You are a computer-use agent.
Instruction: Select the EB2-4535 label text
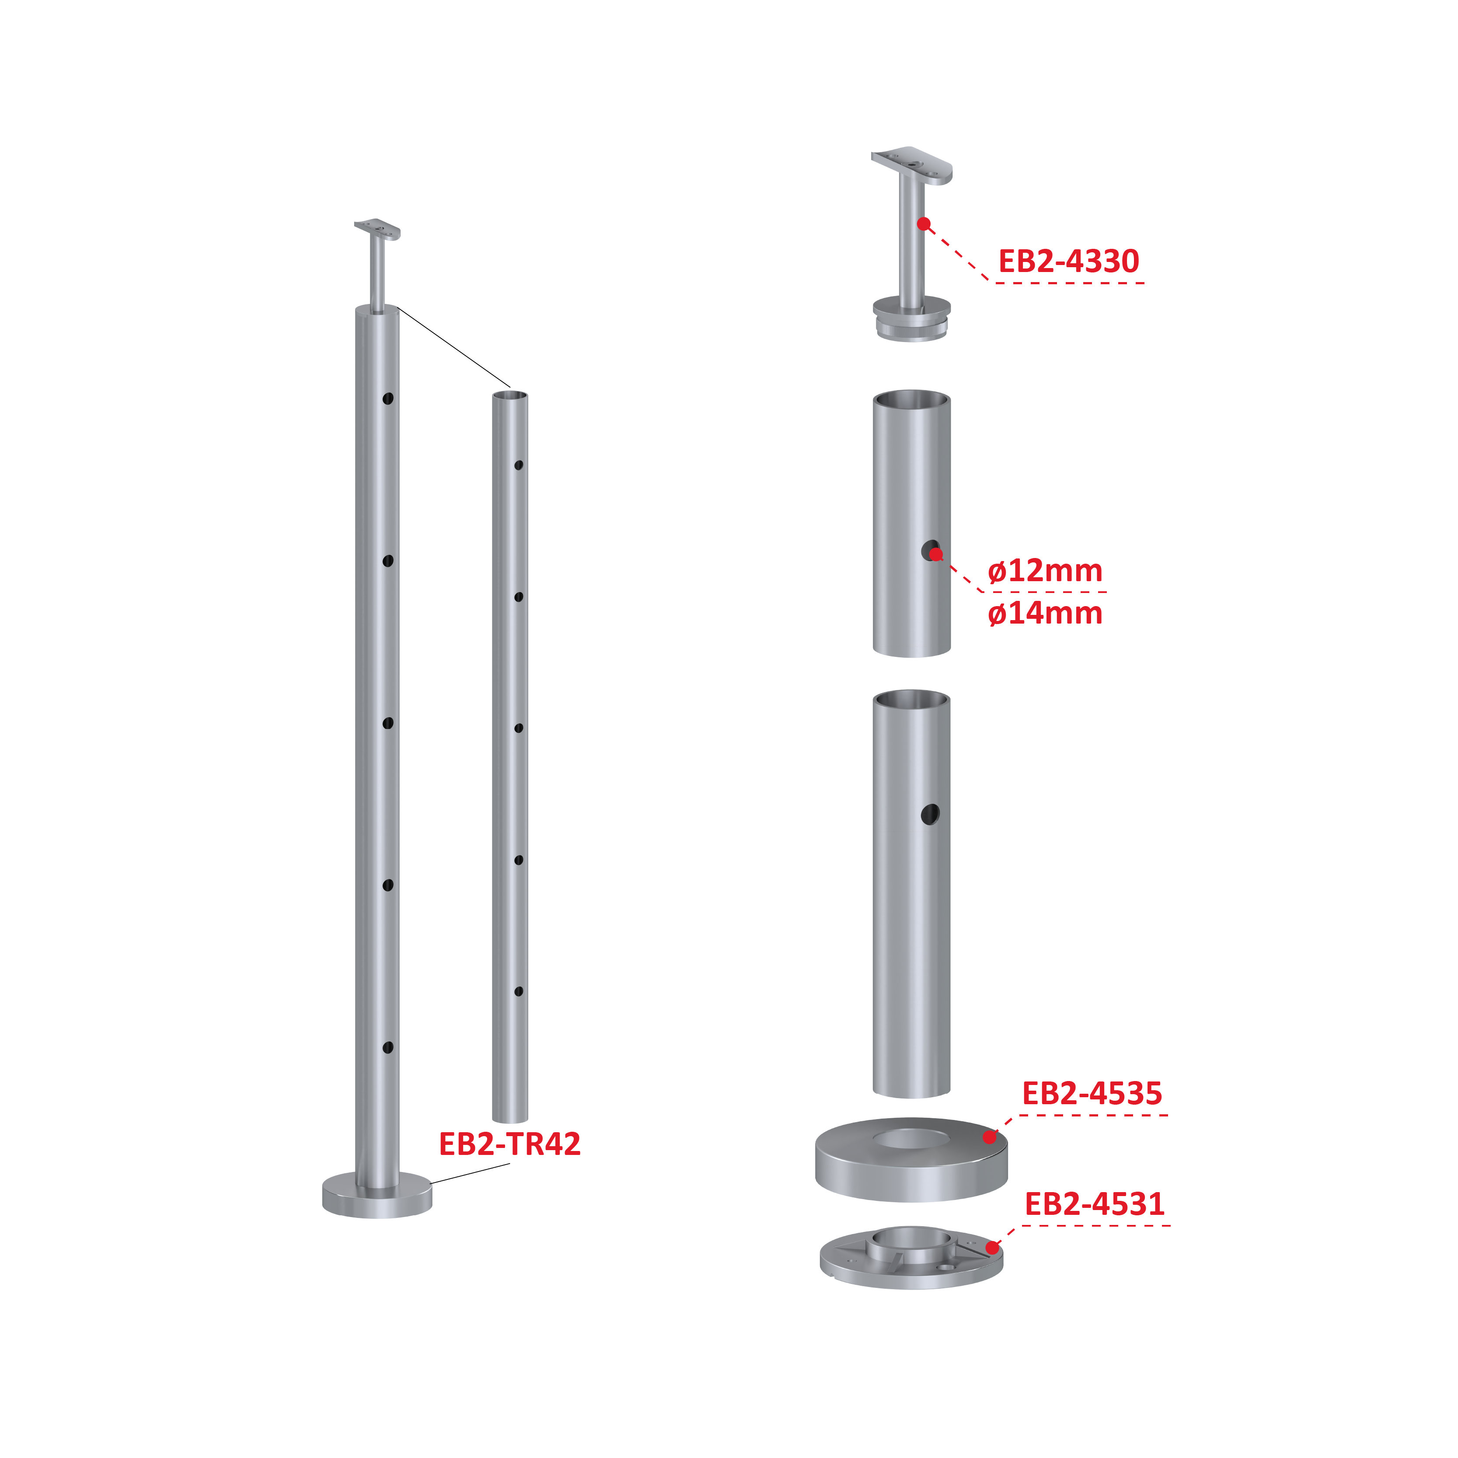pos(1092,1093)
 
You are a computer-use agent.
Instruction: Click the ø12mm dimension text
pos(1045,571)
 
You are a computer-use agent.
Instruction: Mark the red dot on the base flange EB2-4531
pos(992,1248)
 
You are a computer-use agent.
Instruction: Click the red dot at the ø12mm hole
pos(936,555)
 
